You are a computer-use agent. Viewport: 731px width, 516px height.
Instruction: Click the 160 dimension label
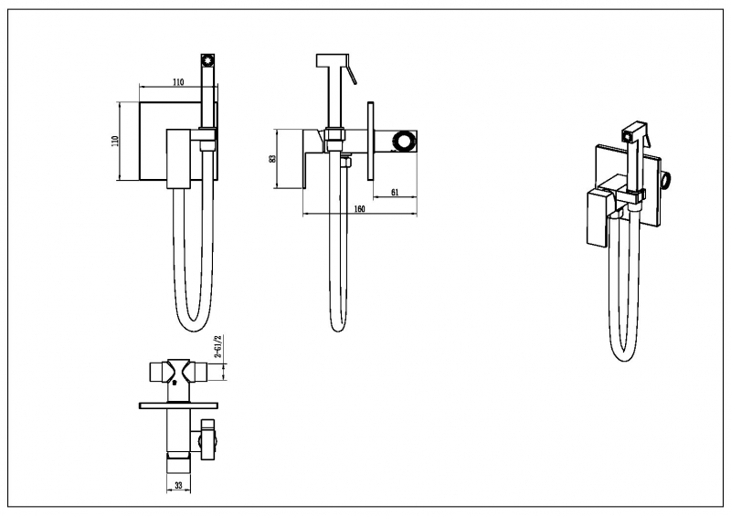point(359,209)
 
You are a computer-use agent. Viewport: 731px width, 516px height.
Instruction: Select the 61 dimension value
point(395,192)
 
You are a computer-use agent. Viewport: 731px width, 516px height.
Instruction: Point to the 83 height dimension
point(272,158)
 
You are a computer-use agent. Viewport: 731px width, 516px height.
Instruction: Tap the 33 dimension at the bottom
point(178,485)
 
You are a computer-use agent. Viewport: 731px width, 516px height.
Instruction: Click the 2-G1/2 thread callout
point(217,346)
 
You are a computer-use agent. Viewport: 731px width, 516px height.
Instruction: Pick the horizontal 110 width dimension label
point(178,82)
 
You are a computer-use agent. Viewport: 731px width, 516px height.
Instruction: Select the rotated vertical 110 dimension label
point(116,141)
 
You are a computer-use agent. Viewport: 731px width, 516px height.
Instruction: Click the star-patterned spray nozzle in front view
point(208,61)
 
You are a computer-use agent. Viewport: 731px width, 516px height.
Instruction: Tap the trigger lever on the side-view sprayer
point(352,75)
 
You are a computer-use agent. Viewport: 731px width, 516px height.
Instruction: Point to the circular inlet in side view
point(403,142)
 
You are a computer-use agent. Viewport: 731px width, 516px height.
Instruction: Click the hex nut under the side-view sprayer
point(335,132)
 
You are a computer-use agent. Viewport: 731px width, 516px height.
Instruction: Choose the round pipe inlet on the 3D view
point(667,179)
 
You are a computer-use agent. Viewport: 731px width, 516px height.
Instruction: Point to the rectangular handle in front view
point(179,159)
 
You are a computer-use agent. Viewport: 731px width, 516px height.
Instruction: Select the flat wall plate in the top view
point(178,405)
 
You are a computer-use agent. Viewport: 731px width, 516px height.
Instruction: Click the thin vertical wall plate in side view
point(371,141)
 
